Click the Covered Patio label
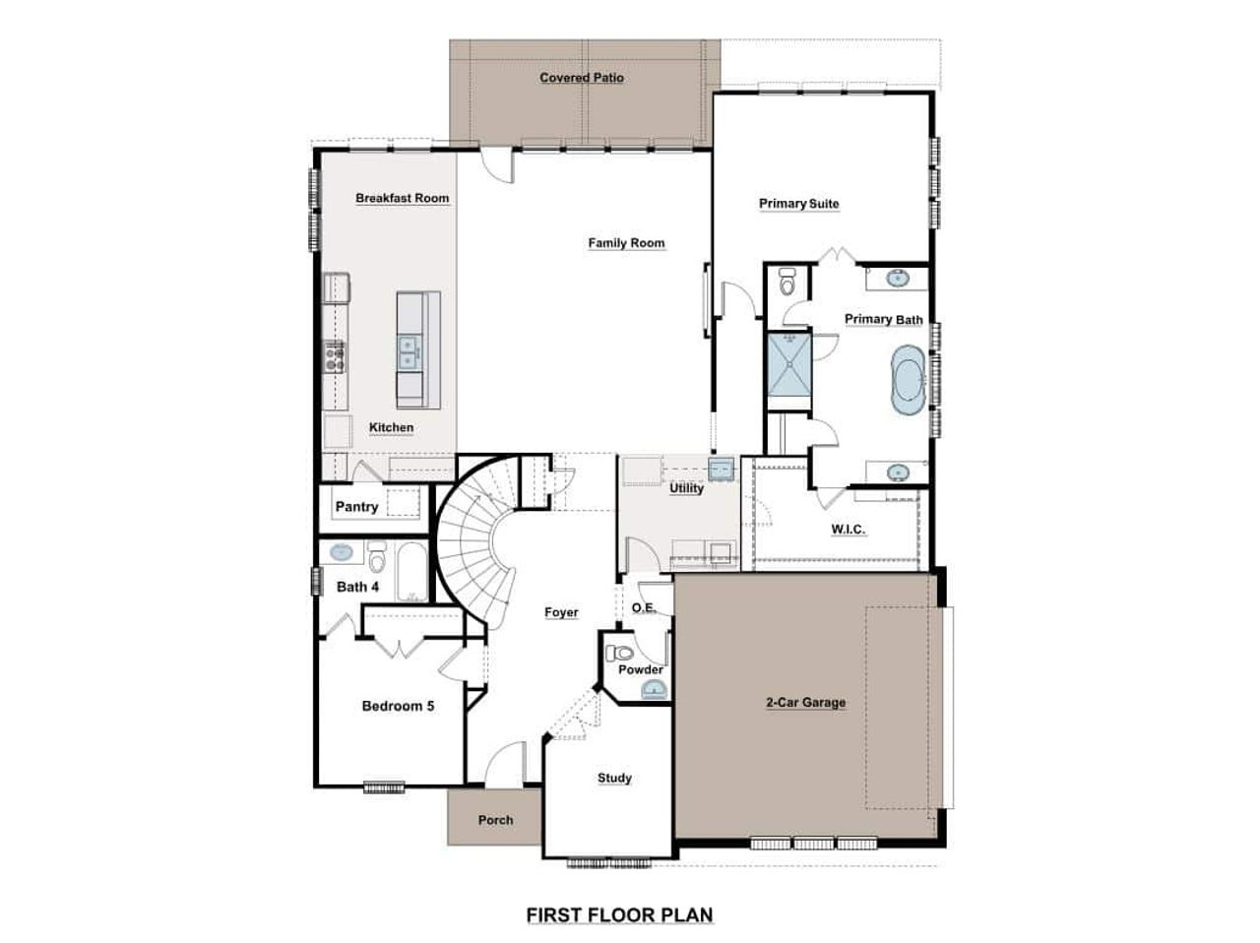tap(581, 78)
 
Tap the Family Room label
tap(626, 243)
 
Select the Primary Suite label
tap(798, 204)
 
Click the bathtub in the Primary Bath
tap(907, 382)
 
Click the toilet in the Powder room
tap(620, 653)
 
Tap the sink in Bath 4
tap(341, 552)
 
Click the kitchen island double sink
tap(409, 349)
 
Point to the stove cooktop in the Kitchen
tap(335, 354)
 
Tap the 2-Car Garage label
tap(805, 703)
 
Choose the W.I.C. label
tap(848, 530)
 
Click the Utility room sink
tap(723, 470)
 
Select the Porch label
tap(495, 820)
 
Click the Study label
tap(614, 779)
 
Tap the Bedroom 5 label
tap(398, 706)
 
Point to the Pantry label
tap(356, 507)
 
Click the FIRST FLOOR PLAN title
tap(619, 915)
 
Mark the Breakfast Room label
tap(402, 198)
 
